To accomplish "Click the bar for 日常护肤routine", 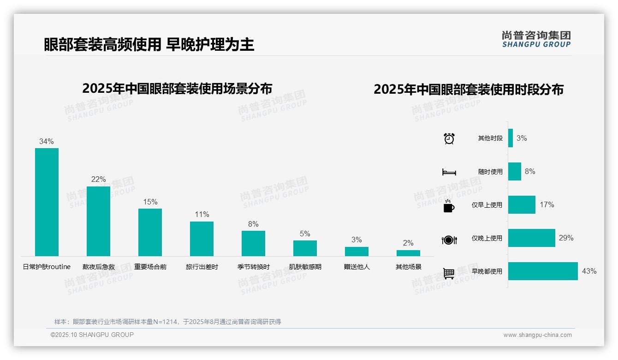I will (x=47, y=202).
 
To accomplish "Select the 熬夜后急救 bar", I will (x=98, y=221).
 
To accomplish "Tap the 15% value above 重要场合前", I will (x=150, y=202).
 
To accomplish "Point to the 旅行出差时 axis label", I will (x=202, y=267).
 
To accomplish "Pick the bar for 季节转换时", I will (x=253, y=243).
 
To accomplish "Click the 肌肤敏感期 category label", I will (x=305, y=267).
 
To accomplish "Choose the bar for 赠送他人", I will (x=357, y=252).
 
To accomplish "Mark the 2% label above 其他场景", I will (x=408, y=243).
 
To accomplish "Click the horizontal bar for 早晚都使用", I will (x=543, y=271).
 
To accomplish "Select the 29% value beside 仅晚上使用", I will (x=566, y=238).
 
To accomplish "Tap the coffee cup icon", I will (x=449, y=205).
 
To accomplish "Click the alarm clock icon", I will (x=449, y=138).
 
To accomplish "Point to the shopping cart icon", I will (x=449, y=273).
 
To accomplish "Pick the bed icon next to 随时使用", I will (x=449, y=172).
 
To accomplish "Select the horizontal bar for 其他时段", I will (x=511, y=138).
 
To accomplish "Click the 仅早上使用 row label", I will (x=487, y=205).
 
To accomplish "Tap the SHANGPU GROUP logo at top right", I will (x=536, y=39).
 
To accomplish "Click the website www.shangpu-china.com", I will (x=537, y=335).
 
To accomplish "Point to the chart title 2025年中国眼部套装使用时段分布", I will (x=469, y=90).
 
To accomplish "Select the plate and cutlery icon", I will (x=449, y=240).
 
